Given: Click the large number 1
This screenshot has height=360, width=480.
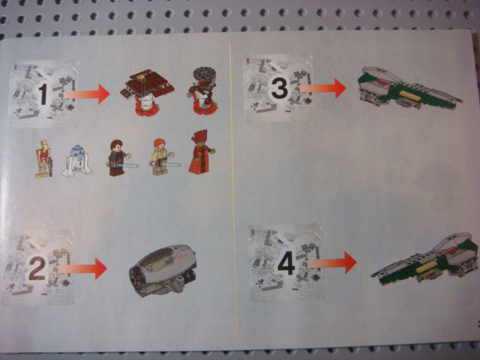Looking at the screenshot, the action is pyautogui.click(x=43, y=94).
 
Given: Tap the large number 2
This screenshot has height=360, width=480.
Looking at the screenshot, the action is pyautogui.click(x=37, y=268).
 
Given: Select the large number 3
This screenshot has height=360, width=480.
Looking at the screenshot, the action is pyautogui.click(x=279, y=88).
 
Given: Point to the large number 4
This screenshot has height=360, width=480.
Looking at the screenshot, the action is pyautogui.click(x=286, y=263).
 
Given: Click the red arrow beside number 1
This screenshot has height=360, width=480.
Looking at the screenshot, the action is pyautogui.click(x=87, y=94).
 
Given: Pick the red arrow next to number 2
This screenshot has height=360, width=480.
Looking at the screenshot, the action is pyautogui.click(x=82, y=268).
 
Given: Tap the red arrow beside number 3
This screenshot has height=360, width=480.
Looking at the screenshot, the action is pyautogui.click(x=322, y=88).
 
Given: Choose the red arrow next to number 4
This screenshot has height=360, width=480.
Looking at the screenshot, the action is pyautogui.click(x=332, y=262).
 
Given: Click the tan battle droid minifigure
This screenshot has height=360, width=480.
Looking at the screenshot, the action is pyautogui.click(x=43, y=158).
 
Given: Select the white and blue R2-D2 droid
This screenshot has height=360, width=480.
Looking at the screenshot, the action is pyautogui.click(x=76, y=161).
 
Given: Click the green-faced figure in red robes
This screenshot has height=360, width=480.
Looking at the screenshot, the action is pyautogui.click(x=201, y=152).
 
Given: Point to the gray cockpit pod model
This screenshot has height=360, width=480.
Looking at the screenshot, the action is pyautogui.click(x=163, y=270).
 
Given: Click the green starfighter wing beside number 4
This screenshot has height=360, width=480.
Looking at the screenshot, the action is pyautogui.click(x=425, y=259).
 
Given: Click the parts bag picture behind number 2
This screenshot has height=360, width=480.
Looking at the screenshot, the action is pyautogui.click(x=38, y=267).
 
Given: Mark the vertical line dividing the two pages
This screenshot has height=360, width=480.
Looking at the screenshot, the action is pyautogui.click(x=233, y=190).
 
